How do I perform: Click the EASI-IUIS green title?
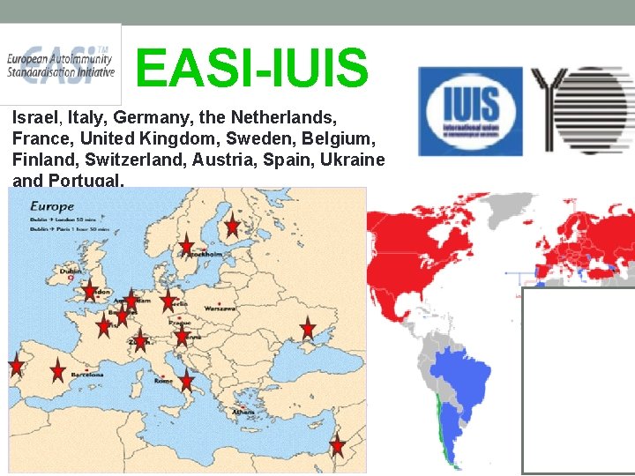pyautogui.click(x=252, y=68)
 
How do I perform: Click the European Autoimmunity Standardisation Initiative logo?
pyautogui.click(x=60, y=64)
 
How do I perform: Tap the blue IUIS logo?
pyautogui.click(x=471, y=111)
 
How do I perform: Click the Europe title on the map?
pyautogui.click(x=52, y=206)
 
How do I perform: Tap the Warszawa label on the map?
pyautogui.click(x=221, y=309)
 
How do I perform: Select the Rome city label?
pyautogui.click(x=164, y=381)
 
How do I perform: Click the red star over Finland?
pyautogui.click(x=232, y=226)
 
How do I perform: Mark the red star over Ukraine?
pyautogui.click(x=307, y=329)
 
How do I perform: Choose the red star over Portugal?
pyautogui.click(x=17, y=365)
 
